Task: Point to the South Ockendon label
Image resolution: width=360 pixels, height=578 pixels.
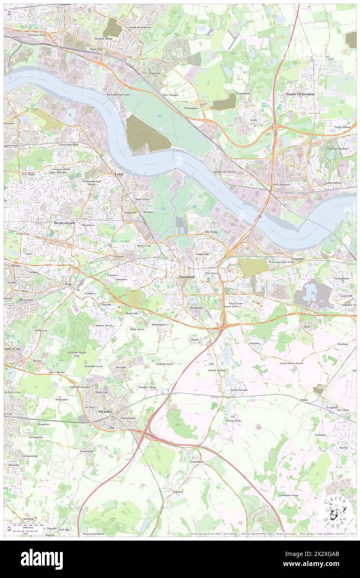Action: (x=300, y=94)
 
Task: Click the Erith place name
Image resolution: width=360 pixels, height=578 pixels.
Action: (x=119, y=175)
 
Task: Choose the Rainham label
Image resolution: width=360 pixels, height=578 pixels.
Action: (x=155, y=73)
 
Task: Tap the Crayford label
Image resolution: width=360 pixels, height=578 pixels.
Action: (x=118, y=257)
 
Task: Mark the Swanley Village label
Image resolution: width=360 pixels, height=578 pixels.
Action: (x=148, y=387)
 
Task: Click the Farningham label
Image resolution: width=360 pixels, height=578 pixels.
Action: (x=196, y=462)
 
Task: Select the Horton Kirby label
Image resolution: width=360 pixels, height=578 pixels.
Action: (x=234, y=421)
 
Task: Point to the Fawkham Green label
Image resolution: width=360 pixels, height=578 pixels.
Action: (x=288, y=495)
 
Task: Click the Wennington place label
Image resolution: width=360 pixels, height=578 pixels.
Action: (x=191, y=108)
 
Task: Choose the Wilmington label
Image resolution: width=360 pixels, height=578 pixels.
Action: (x=158, y=324)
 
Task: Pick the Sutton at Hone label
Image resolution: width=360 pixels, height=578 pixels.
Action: (x=217, y=370)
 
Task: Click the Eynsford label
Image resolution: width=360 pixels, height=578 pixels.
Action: (x=178, y=492)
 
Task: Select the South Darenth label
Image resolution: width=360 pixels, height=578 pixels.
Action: (x=239, y=390)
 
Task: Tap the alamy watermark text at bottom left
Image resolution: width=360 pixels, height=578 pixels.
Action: (x=42, y=559)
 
